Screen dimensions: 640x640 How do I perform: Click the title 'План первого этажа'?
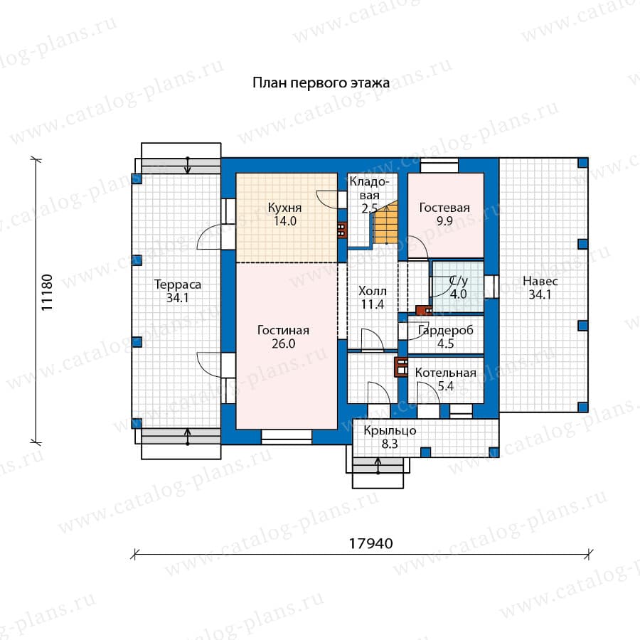click(x=321, y=83)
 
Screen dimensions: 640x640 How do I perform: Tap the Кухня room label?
click(x=284, y=208)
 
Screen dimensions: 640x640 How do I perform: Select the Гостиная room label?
click(x=283, y=330)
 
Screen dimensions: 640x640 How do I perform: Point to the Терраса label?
click(x=178, y=284)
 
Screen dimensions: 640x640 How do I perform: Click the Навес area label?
click(x=540, y=281)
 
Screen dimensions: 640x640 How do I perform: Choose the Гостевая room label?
click(x=444, y=208)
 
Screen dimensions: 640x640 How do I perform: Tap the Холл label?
click(x=372, y=291)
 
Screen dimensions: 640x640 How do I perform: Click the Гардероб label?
click(x=446, y=330)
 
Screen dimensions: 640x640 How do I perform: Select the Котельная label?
click(x=445, y=373)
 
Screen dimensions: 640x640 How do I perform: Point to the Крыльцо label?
click(x=390, y=431)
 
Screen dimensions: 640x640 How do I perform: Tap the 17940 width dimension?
click(x=370, y=544)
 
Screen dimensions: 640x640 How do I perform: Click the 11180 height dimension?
click(x=47, y=292)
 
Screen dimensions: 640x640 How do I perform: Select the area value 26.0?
click(x=283, y=343)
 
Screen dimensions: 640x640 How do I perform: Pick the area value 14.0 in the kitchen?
click(x=285, y=221)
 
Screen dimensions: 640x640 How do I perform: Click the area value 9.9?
click(x=444, y=221)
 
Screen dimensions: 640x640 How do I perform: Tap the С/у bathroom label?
click(x=459, y=280)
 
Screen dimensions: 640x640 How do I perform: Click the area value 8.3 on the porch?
click(x=390, y=444)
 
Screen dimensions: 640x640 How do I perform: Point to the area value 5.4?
click(x=446, y=385)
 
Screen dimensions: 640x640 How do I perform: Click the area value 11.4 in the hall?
click(x=372, y=304)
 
